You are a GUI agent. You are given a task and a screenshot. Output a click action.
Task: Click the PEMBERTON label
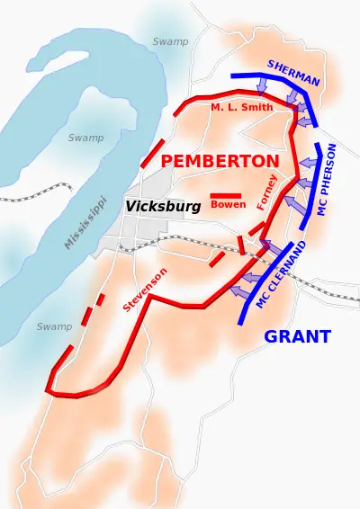(220, 161)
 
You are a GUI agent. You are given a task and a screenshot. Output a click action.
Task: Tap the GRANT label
(297, 337)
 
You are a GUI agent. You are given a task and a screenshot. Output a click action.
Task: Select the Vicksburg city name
(163, 206)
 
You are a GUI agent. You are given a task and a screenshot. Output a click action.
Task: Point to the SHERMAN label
(293, 73)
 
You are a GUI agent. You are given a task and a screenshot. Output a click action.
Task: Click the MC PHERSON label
(328, 178)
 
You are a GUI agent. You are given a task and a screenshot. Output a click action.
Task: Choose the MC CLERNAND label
(282, 274)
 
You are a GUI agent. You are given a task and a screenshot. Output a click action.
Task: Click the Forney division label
(266, 192)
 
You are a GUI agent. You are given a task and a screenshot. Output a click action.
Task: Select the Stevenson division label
(145, 289)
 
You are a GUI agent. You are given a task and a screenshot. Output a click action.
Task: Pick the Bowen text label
(228, 204)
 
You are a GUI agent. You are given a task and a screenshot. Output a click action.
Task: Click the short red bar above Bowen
(225, 195)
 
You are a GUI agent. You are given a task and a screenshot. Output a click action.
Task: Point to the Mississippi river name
(85, 222)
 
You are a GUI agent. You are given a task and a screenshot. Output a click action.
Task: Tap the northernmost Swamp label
(170, 41)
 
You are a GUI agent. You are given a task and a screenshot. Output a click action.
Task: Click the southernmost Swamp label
(54, 326)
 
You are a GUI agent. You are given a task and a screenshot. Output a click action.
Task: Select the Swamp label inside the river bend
(85, 138)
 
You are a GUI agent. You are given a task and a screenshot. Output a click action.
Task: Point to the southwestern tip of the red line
(49, 392)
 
